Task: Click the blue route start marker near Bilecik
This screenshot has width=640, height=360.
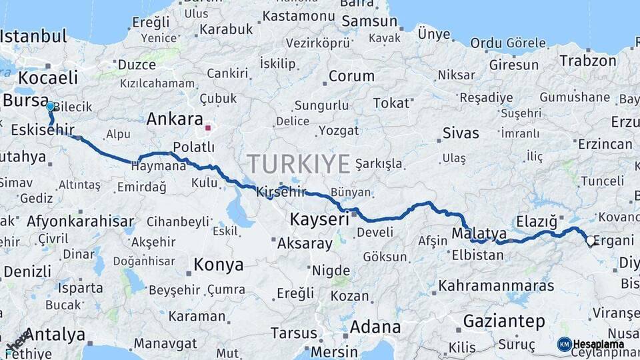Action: click(x=50, y=106)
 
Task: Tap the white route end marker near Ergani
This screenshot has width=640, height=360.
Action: click(x=590, y=241)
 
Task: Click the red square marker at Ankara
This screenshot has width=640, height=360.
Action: click(x=208, y=127)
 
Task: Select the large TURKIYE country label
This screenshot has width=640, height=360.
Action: click(x=299, y=163)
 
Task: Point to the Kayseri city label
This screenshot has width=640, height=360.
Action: click(x=319, y=219)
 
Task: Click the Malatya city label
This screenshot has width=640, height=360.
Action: click(x=479, y=233)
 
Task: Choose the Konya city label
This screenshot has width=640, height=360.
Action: click(x=218, y=265)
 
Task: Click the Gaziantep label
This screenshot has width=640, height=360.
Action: click(x=503, y=321)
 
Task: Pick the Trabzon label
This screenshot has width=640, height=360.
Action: click(x=588, y=61)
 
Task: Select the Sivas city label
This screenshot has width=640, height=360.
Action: click(x=461, y=133)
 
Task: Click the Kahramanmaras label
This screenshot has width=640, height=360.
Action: click(x=496, y=285)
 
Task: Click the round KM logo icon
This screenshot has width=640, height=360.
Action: click(x=564, y=344)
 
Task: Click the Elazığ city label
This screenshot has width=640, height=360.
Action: click(x=536, y=221)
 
